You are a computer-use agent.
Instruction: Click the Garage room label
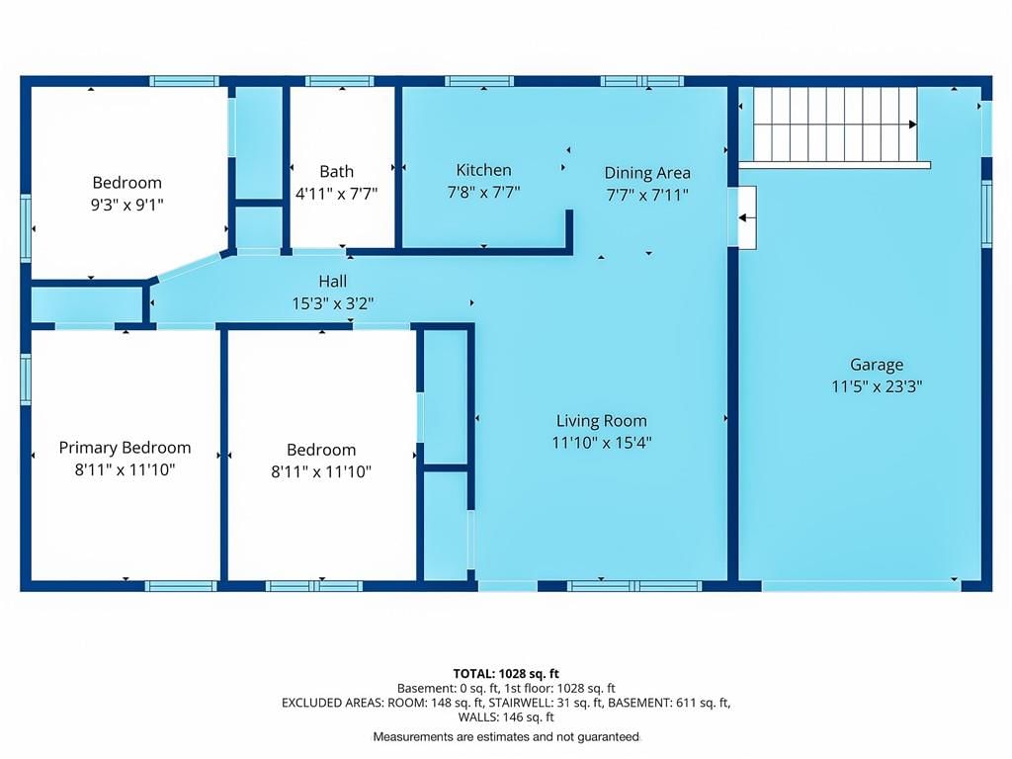coord(877,365)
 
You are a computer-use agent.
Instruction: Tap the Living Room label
coord(602,421)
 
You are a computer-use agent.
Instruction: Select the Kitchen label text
coord(483,170)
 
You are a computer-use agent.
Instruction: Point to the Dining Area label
coord(647,173)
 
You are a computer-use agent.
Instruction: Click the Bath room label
coord(336,171)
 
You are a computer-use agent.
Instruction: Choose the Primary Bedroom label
coord(125,448)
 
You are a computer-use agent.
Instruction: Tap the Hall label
coord(332,281)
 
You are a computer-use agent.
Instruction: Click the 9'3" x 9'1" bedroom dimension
coord(127,205)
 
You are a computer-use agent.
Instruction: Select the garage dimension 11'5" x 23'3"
coord(877,386)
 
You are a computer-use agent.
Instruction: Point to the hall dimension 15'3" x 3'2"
coord(332,303)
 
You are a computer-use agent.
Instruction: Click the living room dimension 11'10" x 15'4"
coord(602,443)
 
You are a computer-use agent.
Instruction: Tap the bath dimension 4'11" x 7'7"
coord(336,193)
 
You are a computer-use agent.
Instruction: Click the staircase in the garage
coord(835,125)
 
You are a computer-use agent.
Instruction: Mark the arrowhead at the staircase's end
coord(913,125)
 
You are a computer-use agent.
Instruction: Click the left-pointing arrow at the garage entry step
coord(747,218)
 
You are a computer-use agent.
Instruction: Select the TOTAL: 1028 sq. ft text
coord(506,674)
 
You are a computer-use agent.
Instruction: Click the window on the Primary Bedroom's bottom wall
coord(181,586)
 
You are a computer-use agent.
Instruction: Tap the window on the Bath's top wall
coord(340,81)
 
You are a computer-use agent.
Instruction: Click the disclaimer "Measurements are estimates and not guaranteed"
coord(506,736)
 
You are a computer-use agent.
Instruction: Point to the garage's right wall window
coord(987,213)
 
